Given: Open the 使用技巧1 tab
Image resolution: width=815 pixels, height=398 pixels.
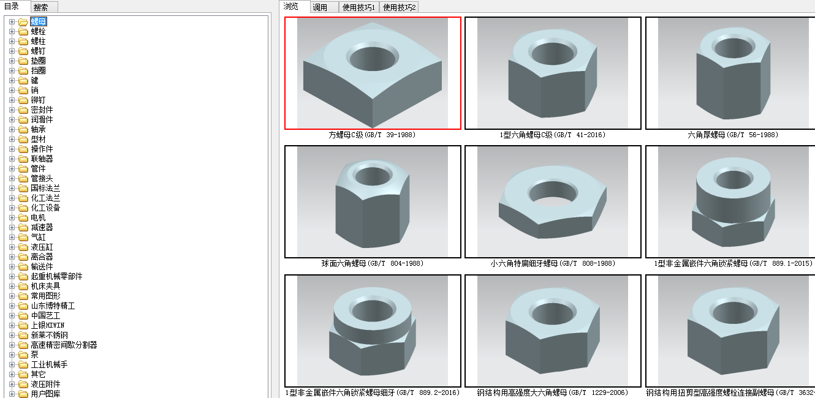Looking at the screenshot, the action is click(358, 7).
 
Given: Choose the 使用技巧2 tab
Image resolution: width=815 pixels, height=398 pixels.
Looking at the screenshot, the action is click(399, 7).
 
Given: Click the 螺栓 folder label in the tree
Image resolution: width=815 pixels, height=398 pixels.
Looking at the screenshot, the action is click(38, 32).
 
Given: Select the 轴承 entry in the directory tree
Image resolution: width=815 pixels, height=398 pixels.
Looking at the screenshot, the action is click(38, 129).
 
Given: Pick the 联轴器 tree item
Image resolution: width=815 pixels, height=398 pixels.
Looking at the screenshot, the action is click(42, 159).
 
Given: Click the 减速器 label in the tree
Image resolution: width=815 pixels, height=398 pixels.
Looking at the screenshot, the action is click(42, 228).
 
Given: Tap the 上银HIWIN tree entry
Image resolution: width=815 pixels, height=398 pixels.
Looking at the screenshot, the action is click(48, 325).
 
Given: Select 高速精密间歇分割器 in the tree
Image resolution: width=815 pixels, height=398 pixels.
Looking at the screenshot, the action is click(64, 345).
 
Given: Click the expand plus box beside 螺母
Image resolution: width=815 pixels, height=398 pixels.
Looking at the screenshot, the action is click(12, 22).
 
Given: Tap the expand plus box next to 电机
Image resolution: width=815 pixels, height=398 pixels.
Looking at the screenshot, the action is click(12, 218).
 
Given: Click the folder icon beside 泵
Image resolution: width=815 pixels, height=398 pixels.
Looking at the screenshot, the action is click(23, 355).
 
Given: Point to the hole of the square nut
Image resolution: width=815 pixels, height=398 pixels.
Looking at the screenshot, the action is click(373, 58).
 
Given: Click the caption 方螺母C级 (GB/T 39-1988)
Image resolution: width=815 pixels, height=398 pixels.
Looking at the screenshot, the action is click(372, 135).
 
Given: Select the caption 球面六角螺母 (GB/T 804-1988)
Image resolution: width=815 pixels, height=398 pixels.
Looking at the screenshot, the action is click(372, 263).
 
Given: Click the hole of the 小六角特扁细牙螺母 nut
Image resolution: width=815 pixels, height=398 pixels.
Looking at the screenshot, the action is click(553, 193).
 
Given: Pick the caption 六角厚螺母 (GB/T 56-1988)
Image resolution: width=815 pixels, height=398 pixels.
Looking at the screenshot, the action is click(733, 135).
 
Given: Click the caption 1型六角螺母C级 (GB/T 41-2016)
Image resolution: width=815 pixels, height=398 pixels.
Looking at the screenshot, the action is click(552, 135).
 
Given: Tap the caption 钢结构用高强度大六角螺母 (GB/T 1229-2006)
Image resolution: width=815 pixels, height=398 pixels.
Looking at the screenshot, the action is click(552, 392).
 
